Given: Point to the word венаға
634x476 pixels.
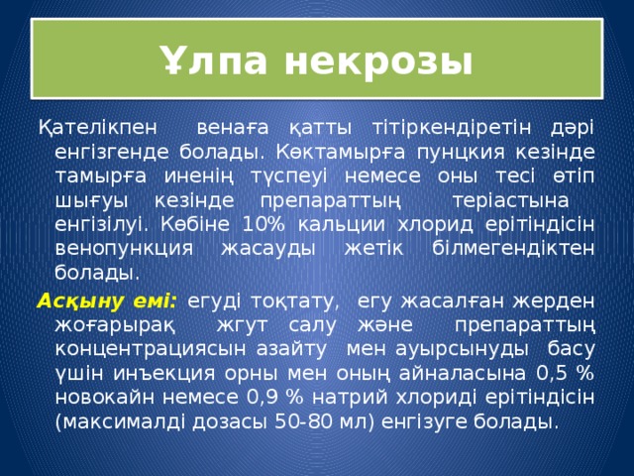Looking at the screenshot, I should [x=232, y=129].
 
